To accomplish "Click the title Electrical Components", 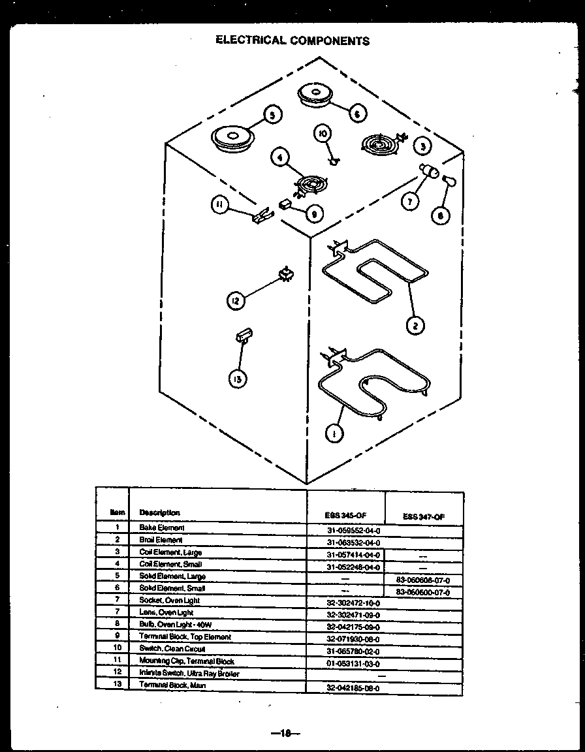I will (292, 40).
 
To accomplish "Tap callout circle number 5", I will (272, 115).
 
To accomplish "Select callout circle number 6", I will (356, 114).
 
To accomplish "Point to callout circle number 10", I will (323, 134).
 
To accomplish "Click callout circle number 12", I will (236, 301).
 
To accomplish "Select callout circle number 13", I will (240, 379).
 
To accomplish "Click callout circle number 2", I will (414, 324).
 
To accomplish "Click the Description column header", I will (159, 512).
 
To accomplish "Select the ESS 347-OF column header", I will (424, 516).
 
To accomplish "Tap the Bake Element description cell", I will (162, 527).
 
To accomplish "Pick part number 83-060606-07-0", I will (423, 580).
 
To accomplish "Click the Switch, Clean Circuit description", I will (172, 649).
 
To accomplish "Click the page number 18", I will (285, 733).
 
